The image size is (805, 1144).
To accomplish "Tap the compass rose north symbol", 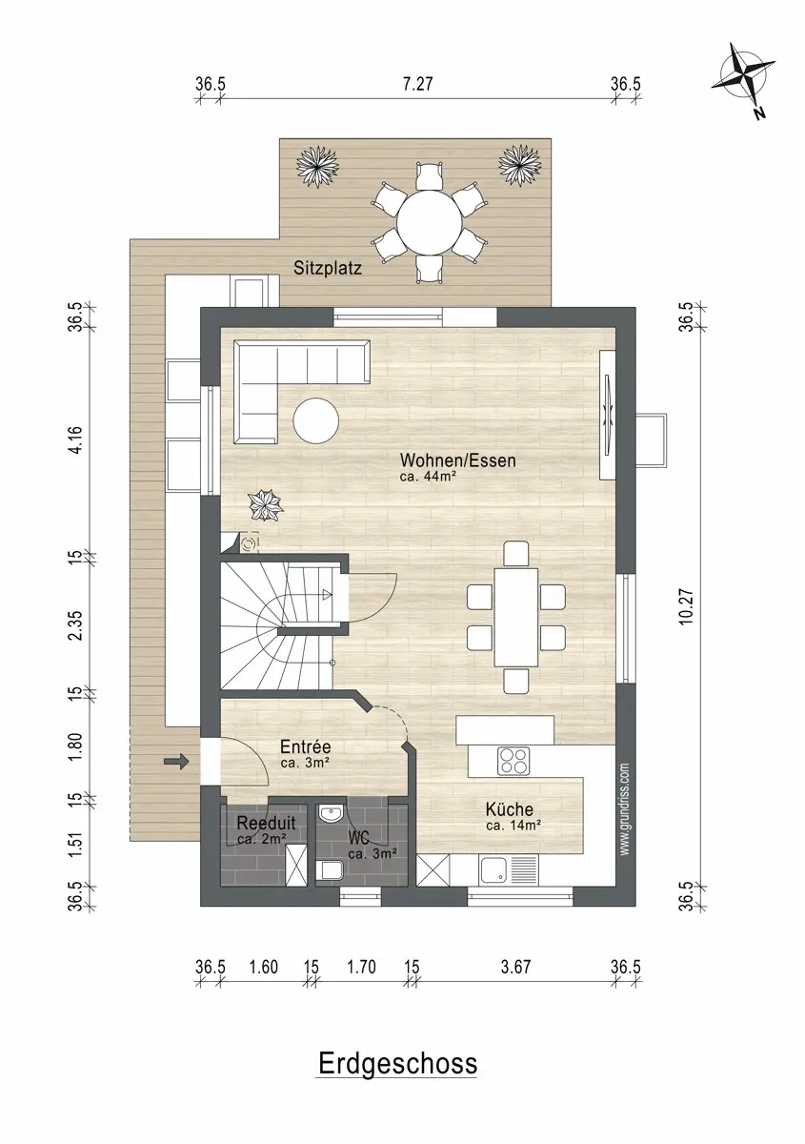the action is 745,81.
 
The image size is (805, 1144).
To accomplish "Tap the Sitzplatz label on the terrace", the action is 327,269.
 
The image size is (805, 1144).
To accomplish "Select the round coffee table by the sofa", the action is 316,420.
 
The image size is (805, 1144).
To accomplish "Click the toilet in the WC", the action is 330,869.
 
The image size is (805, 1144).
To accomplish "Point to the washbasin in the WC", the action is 331,813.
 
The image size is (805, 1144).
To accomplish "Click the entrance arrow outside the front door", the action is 176,763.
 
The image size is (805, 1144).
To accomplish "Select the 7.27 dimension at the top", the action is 417,84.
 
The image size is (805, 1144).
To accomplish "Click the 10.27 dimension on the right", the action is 686,606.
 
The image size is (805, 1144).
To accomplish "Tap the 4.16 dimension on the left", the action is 75,439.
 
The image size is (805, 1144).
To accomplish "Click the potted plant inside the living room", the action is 266,505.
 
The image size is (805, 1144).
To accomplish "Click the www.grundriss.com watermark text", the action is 624,809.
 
